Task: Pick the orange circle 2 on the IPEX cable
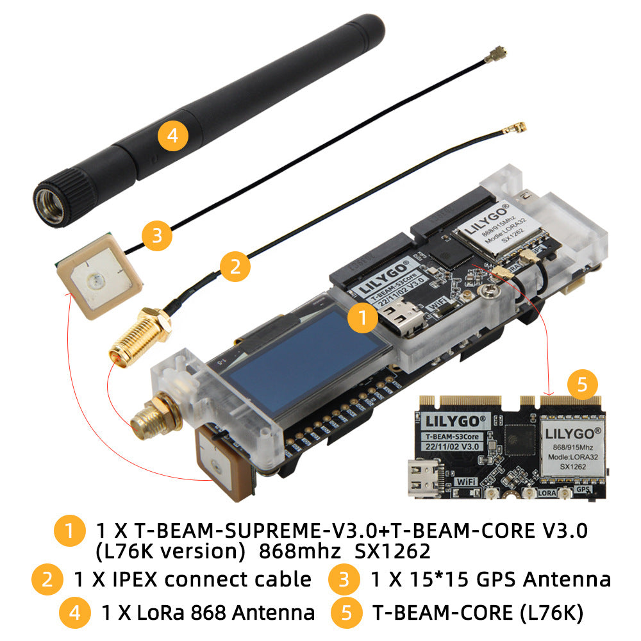click(x=236, y=267)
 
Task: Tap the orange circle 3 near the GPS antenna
click(x=157, y=236)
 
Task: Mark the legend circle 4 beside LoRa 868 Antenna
click(x=75, y=612)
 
